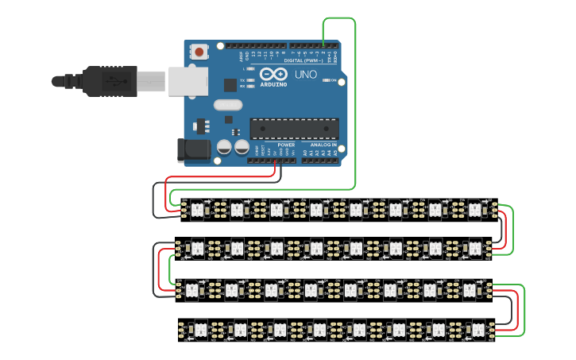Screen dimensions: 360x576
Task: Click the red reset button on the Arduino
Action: tap(199, 52)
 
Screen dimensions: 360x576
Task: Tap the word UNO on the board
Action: tap(306, 75)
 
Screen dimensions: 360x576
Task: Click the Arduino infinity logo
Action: tap(273, 74)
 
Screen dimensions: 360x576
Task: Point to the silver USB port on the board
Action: tap(188, 80)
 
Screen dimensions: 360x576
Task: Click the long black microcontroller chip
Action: tap(294, 128)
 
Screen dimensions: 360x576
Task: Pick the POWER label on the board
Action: tap(286, 145)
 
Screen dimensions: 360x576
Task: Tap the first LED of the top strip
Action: tap(197, 210)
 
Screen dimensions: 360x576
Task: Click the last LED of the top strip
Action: tap(474, 210)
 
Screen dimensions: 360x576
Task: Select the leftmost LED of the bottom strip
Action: tap(199, 328)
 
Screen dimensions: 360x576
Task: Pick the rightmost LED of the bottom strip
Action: tap(477, 328)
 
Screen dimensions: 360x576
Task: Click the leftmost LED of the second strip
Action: tap(195, 249)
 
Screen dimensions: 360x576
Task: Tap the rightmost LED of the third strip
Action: tap(470, 288)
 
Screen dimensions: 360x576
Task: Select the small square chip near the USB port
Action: tap(230, 83)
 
